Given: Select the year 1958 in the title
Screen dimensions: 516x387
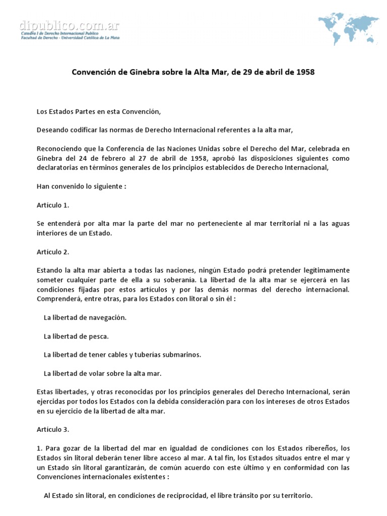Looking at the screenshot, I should click(x=305, y=72).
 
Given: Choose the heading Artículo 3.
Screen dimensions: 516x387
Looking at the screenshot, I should click(x=53, y=430).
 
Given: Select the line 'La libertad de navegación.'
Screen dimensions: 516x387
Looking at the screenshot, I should click(x=85, y=318).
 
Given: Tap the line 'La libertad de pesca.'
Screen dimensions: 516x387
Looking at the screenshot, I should click(x=76, y=336).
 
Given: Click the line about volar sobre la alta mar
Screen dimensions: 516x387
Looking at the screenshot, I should click(x=102, y=373).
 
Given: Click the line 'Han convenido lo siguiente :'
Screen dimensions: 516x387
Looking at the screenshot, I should click(x=81, y=186).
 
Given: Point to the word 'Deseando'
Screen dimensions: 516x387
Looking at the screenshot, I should click(x=52, y=130).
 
